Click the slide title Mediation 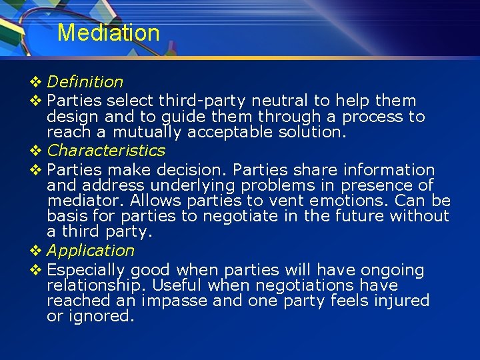click(x=108, y=33)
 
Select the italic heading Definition click(x=85, y=82)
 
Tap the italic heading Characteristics click(x=106, y=150)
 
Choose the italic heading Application click(x=91, y=251)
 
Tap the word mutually click(x=147, y=133)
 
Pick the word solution click(x=312, y=132)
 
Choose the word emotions click(x=349, y=201)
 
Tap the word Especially click(x=86, y=271)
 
